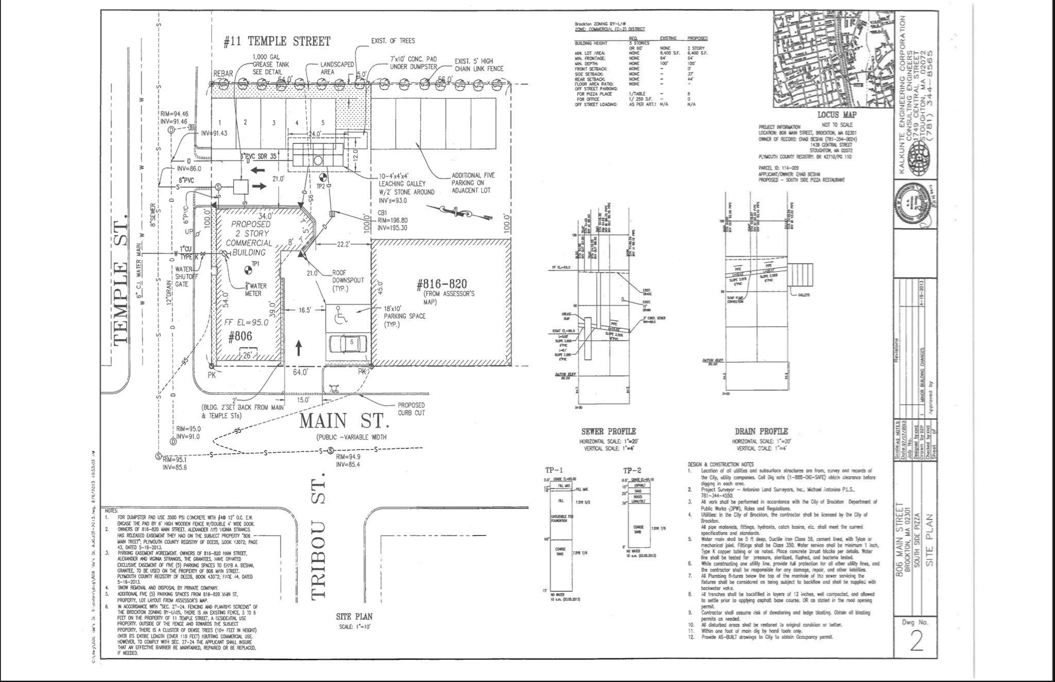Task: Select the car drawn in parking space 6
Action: (x=348, y=343)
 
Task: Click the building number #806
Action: (x=240, y=336)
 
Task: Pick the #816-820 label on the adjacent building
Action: (x=441, y=284)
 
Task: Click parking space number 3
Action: (x=274, y=123)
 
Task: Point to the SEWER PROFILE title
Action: (x=608, y=431)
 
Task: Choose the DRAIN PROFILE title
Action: (x=761, y=431)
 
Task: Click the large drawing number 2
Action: (x=916, y=641)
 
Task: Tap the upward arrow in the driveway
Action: (x=298, y=347)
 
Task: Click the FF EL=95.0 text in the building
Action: (x=246, y=323)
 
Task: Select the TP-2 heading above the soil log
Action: (x=632, y=471)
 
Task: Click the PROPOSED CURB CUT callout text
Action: (x=411, y=409)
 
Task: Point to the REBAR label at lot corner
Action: (x=223, y=74)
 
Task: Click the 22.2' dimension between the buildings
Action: (x=343, y=244)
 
